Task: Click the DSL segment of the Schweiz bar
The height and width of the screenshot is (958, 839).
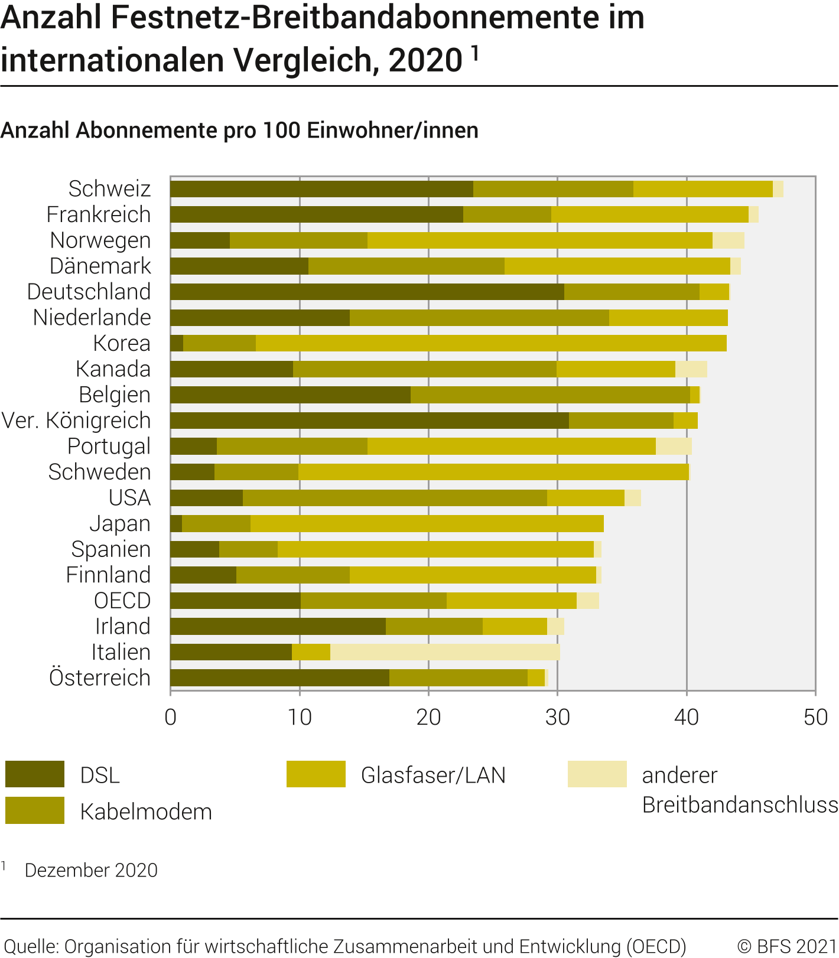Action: tap(321, 189)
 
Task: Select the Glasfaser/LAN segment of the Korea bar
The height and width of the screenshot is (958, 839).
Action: tap(491, 343)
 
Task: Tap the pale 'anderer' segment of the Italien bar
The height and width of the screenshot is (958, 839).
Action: tap(445, 652)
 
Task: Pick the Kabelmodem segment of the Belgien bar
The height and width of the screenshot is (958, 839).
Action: tap(550, 395)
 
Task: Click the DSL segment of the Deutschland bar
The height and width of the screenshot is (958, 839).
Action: tap(367, 292)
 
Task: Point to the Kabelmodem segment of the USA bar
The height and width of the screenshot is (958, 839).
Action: tap(395, 498)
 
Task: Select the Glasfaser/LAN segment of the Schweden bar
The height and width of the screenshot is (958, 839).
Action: tap(493, 472)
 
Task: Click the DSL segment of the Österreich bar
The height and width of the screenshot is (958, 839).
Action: tap(279, 678)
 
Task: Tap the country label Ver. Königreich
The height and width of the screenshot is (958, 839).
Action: tap(76, 421)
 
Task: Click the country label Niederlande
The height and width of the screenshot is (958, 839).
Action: tap(92, 318)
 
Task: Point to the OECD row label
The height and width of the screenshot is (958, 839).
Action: tap(122, 601)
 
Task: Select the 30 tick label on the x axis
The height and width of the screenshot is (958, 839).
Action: tap(557, 717)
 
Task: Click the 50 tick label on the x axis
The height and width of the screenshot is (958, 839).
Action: tap(815, 717)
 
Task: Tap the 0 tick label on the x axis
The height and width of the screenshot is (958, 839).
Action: tap(171, 717)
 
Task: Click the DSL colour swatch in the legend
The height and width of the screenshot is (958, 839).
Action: tap(35, 774)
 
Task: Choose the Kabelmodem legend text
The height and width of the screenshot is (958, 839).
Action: tap(146, 812)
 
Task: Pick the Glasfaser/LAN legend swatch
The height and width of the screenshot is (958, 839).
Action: tap(316, 774)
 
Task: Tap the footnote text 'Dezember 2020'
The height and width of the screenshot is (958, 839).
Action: tap(91, 870)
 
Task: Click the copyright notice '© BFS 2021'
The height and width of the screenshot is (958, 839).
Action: tap(787, 946)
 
